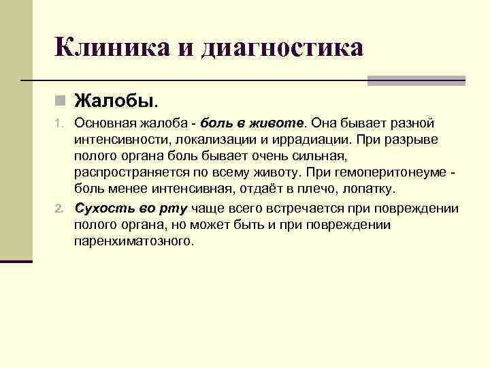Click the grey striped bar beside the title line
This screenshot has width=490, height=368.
click(x=416, y=80)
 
